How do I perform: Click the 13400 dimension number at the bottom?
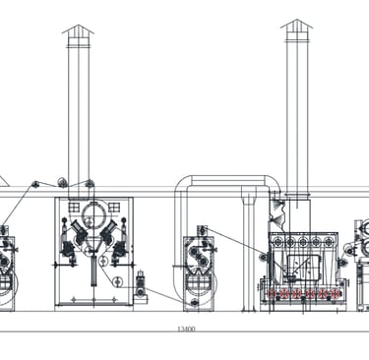click(x=186, y=329)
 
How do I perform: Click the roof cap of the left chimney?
click(x=78, y=30)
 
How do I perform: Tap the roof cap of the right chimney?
click(x=297, y=24)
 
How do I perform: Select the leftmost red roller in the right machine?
click(x=271, y=293)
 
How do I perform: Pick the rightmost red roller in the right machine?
click(x=335, y=293)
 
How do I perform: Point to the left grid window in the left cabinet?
click(x=74, y=208)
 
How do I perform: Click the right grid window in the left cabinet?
click(x=114, y=208)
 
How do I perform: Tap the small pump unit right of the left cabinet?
click(x=141, y=287)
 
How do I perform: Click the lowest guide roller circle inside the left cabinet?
click(x=117, y=281)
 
